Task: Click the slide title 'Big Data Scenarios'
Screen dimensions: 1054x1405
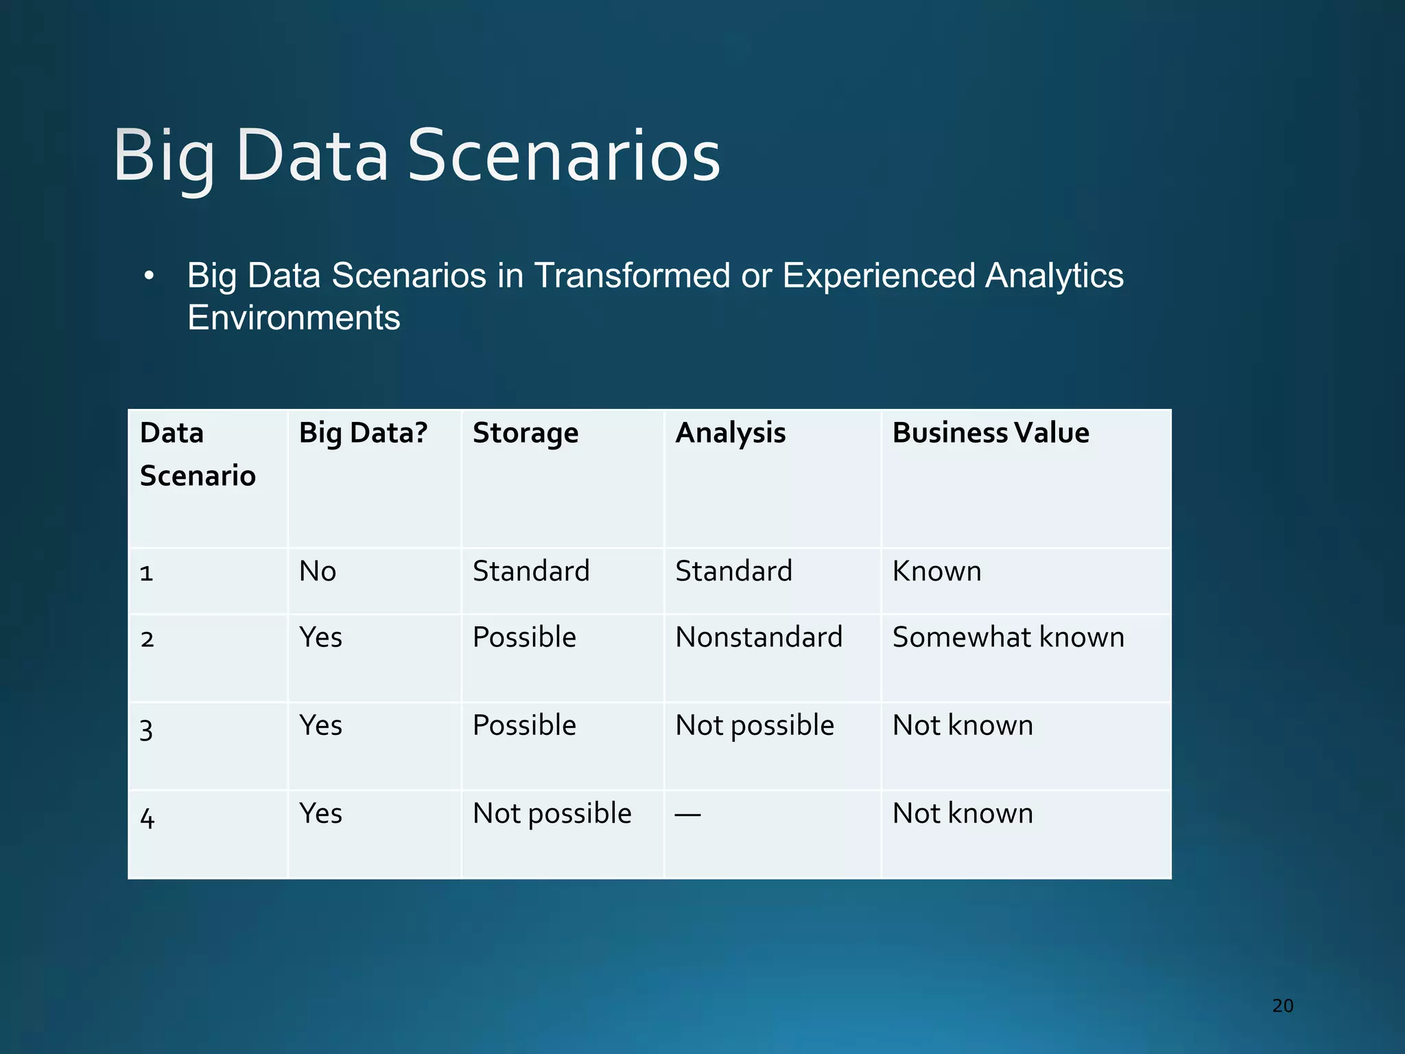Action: pos(416,156)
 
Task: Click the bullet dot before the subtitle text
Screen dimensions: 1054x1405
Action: pos(149,277)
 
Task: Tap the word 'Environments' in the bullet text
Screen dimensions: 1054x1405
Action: pos(294,318)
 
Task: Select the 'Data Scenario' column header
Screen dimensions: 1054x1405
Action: pos(197,454)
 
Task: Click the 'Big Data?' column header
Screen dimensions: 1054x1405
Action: pos(363,433)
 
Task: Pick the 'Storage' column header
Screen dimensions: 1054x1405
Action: pos(526,433)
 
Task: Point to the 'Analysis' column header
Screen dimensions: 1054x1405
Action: pos(730,433)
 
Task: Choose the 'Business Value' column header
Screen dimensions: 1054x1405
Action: pos(990,433)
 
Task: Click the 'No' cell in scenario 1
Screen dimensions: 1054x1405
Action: pos(318,571)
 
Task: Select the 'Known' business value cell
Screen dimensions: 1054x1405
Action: pos(936,571)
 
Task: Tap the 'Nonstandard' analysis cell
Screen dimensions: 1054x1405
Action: pos(758,637)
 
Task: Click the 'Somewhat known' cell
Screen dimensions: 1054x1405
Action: pos(1008,637)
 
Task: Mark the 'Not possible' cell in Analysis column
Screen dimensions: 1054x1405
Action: pos(754,725)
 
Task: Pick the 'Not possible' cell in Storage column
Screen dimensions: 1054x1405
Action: pos(552,814)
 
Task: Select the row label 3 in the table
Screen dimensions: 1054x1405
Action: pos(146,729)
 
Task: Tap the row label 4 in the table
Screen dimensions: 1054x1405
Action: pos(147,817)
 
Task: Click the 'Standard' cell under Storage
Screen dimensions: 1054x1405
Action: pos(531,571)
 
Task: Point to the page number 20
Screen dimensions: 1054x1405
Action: pos(1282,1006)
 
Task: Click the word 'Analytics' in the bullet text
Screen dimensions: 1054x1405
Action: pos(1054,276)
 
